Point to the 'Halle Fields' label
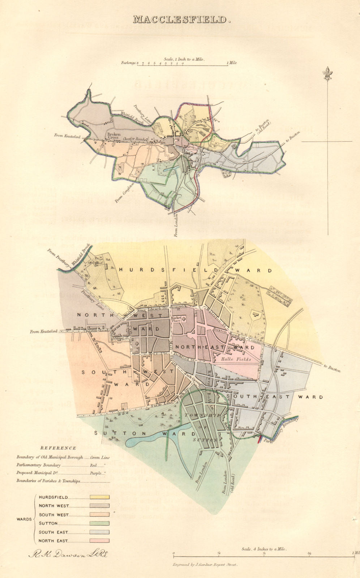coord(239,359)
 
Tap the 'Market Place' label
coord(177,319)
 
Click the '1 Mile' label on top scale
coord(232,63)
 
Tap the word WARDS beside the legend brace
coord(24,519)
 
